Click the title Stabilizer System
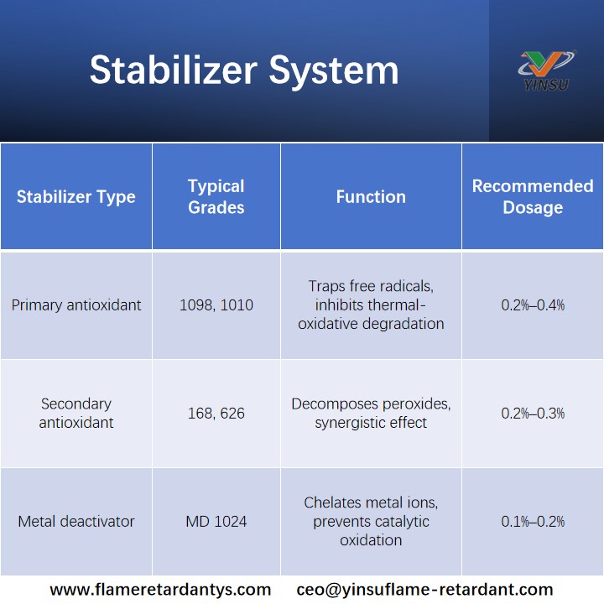click(x=244, y=70)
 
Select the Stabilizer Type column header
click(x=76, y=197)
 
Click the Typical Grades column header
click(x=216, y=197)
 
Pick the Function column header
click(x=371, y=197)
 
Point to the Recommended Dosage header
click(x=533, y=197)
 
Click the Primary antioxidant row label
click(x=76, y=305)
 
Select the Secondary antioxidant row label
click(x=76, y=414)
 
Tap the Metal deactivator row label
click(x=76, y=522)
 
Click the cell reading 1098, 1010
click(x=216, y=305)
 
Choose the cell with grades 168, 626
click(x=216, y=414)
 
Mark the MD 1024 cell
click(x=216, y=522)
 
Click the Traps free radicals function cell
click(x=371, y=305)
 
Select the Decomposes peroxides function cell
click(x=371, y=414)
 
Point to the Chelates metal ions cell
click(x=371, y=522)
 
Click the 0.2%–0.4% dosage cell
click(x=533, y=305)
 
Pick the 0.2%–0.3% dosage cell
click(x=533, y=414)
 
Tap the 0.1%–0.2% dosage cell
click(x=533, y=522)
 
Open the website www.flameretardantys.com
click(x=160, y=590)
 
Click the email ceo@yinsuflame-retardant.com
click(x=424, y=590)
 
